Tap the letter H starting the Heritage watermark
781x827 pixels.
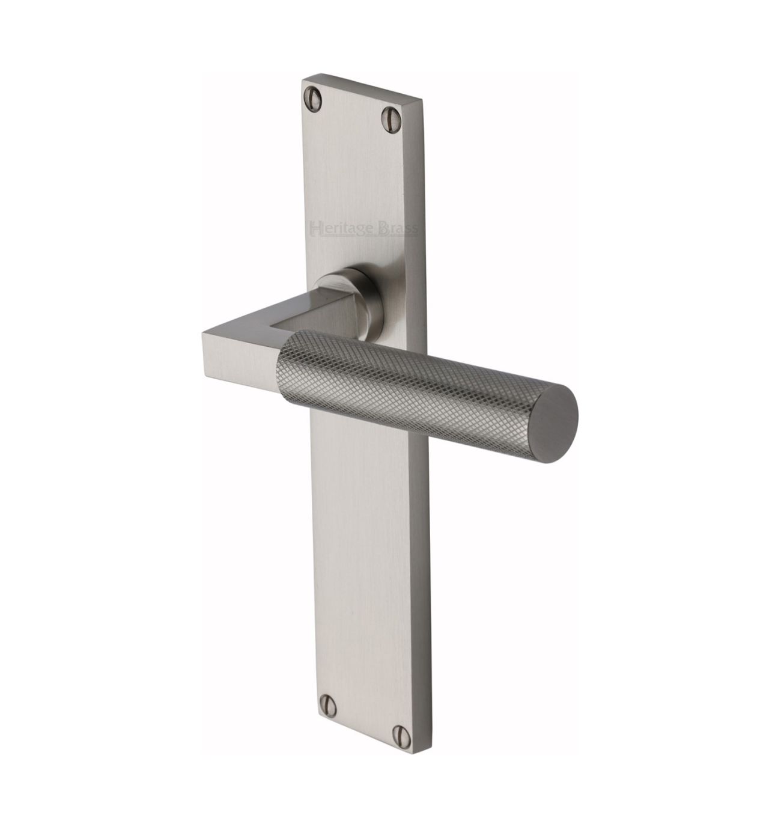(315, 228)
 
